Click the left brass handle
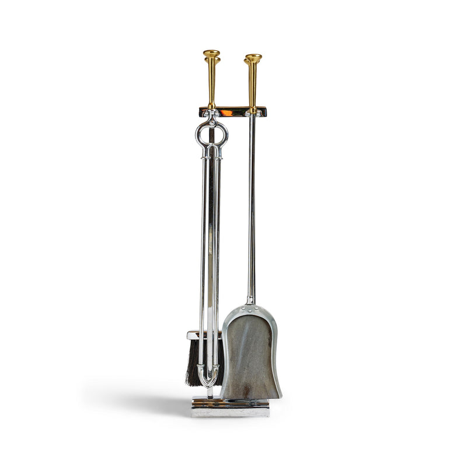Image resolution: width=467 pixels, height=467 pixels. [211, 82]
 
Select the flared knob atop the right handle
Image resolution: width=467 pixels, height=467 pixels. [253, 58]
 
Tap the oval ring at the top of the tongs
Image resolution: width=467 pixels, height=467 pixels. [211, 135]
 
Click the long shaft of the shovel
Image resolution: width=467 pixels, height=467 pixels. [252, 204]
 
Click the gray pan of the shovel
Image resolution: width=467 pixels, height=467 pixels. [250, 356]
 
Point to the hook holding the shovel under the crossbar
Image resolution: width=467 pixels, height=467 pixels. [252, 115]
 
